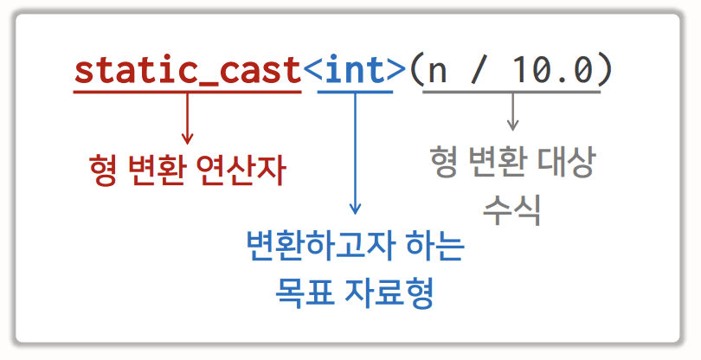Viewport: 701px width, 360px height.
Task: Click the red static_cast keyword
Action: [x=187, y=70]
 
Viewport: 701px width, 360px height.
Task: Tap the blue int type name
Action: [x=354, y=70]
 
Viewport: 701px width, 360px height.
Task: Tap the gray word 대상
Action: [x=566, y=162]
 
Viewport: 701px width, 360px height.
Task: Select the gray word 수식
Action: [x=511, y=208]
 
